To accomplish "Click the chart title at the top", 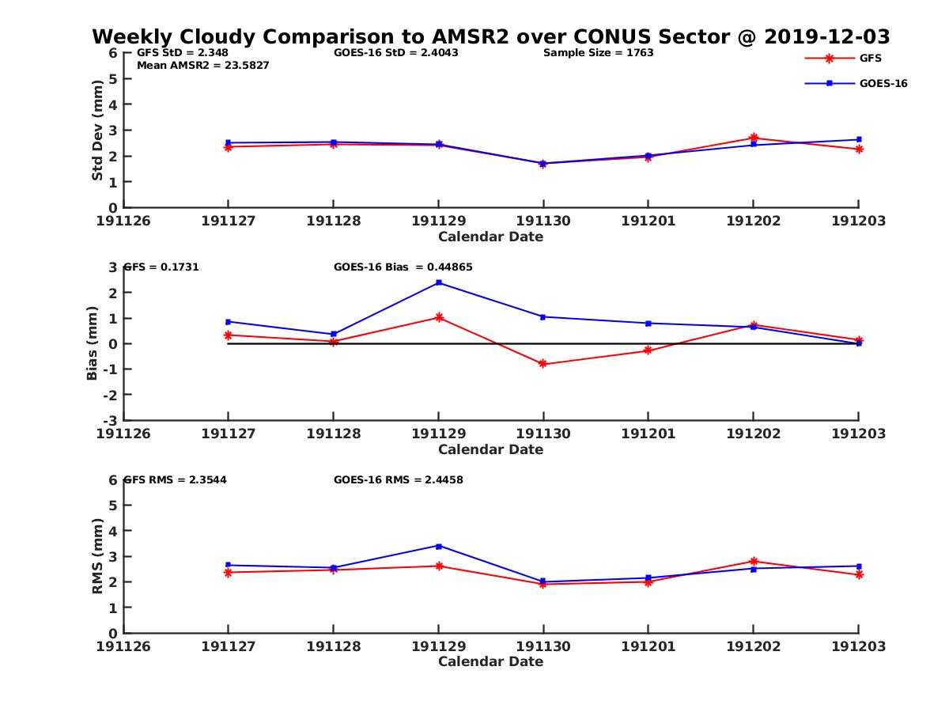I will coord(491,36).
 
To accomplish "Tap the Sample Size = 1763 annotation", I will coord(598,53).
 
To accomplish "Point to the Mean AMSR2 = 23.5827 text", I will coord(203,66).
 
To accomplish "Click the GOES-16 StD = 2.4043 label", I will coord(396,53).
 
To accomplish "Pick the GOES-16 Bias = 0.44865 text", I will coord(403,267).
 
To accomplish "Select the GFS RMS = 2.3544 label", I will coord(176,479).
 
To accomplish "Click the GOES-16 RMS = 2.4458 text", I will coord(399,479).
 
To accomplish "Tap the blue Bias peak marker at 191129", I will coord(438,282).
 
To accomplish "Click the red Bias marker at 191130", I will coord(543,364).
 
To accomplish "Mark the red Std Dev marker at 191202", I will coord(754,138).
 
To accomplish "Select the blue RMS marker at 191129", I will coord(438,546).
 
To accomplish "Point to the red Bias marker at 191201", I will coord(648,350).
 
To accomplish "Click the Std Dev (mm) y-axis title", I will coord(97,130).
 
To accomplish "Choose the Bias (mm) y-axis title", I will coord(93,343).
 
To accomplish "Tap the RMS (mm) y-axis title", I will coord(97,556).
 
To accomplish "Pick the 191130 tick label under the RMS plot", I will coord(543,646).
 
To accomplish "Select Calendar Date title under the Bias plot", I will coord(490,449).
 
